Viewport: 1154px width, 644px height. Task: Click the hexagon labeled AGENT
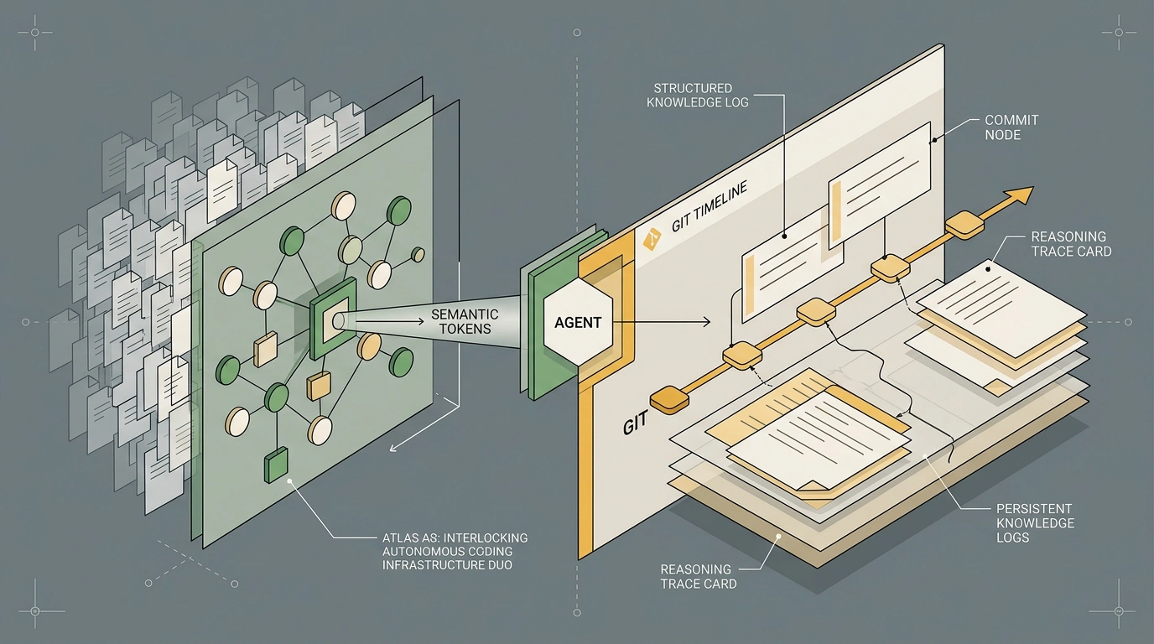click(x=578, y=322)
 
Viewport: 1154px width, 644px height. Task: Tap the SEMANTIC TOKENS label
click(x=465, y=321)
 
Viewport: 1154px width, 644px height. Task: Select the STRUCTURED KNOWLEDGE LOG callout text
click(x=698, y=96)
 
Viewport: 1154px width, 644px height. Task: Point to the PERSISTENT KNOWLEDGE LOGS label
click(x=1035, y=523)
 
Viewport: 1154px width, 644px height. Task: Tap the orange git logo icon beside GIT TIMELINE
click(x=652, y=239)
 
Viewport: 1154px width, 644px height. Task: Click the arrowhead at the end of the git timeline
click(x=1019, y=195)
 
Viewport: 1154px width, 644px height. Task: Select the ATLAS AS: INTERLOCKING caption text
click(x=455, y=538)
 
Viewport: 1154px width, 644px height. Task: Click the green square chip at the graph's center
click(x=333, y=319)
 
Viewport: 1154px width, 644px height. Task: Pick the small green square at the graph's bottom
click(x=276, y=465)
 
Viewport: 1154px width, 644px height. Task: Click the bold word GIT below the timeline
click(x=635, y=424)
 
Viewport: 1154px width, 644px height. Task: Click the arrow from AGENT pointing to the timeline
click(x=662, y=323)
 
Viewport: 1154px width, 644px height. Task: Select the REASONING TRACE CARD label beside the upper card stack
click(x=1071, y=244)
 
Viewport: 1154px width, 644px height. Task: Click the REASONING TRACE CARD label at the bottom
click(x=698, y=577)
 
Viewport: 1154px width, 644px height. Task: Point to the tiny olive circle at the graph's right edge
click(x=418, y=255)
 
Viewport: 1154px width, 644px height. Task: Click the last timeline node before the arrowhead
click(x=964, y=225)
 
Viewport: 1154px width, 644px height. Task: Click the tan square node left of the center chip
click(x=266, y=350)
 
